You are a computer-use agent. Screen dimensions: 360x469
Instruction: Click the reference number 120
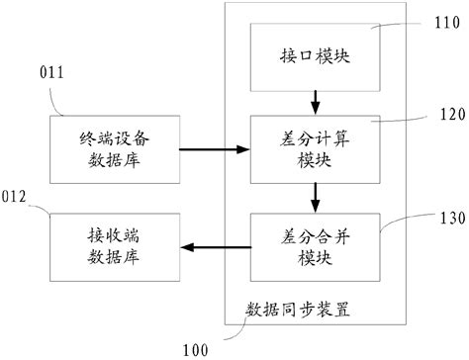tap(436, 114)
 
